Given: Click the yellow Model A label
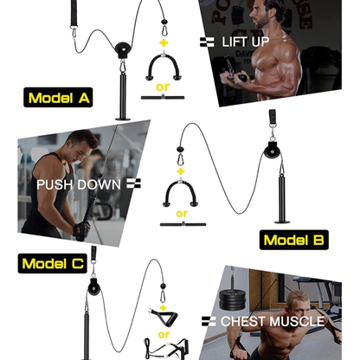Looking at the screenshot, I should point(59,98).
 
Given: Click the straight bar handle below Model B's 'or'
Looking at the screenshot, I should point(183,228).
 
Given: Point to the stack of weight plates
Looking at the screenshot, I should point(236,302).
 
